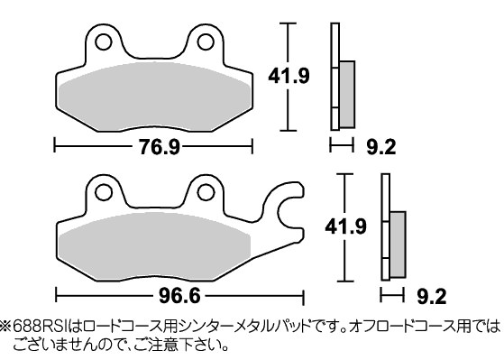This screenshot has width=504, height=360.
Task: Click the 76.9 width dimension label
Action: click(x=159, y=147)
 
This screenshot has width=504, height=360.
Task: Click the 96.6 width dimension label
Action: click(x=179, y=295)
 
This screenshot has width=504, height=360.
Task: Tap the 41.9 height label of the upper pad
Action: click(x=289, y=77)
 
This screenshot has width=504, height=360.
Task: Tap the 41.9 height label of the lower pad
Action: click(x=345, y=226)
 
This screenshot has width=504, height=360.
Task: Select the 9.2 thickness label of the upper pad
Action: click(x=381, y=147)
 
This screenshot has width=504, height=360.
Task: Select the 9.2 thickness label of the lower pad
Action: click(x=432, y=296)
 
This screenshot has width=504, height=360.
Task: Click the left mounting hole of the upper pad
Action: click(x=104, y=42)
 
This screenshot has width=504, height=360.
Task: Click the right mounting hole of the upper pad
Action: click(x=206, y=42)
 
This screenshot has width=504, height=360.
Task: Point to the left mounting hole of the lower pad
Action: click(x=104, y=192)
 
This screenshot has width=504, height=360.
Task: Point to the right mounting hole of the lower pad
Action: click(x=206, y=192)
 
